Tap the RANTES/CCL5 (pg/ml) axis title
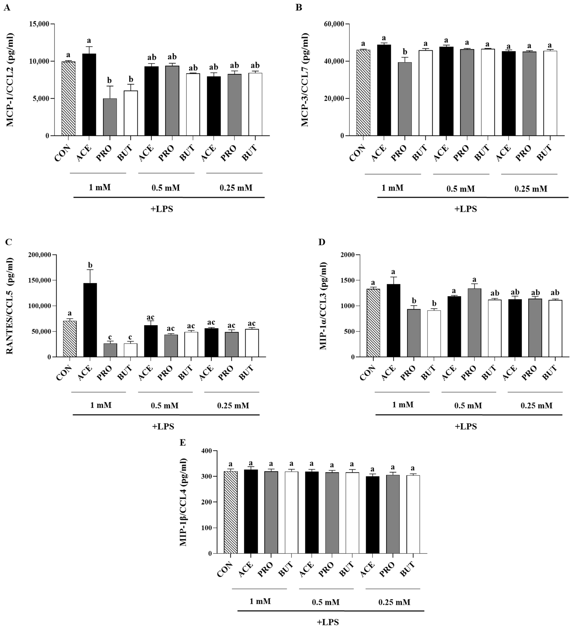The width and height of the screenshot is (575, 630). [10, 306]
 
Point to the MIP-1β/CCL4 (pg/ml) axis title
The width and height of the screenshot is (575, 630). [184, 502]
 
